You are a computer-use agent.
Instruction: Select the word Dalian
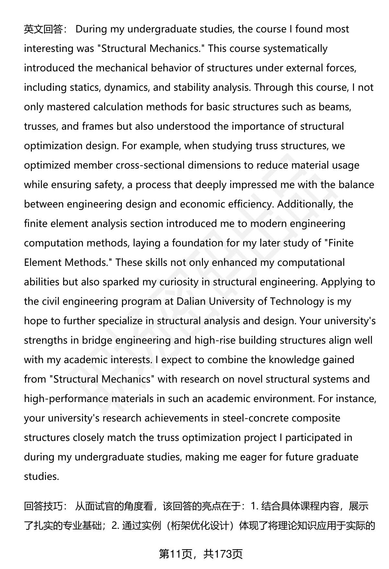(x=191, y=302)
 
